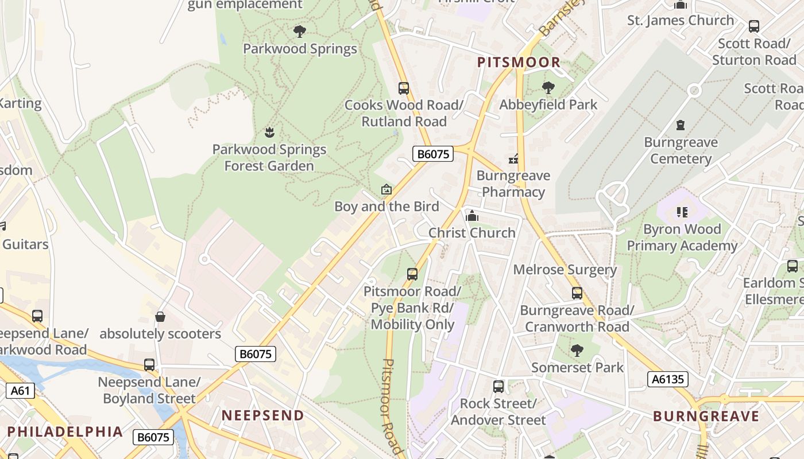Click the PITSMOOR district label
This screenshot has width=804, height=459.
(519, 63)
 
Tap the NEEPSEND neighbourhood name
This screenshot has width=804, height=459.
(263, 415)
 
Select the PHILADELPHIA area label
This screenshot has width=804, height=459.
(65, 431)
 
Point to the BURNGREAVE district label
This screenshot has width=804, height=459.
(706, 416)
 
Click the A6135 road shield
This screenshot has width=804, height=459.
(668, 379)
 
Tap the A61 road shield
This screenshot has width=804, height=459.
(20, 391)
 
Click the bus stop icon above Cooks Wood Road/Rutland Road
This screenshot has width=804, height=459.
(404, 88)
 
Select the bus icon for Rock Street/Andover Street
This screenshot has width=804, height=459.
(498, 387)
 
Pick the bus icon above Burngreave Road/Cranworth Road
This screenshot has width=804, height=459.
(577, 293)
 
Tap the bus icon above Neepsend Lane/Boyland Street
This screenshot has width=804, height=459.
(149, 365)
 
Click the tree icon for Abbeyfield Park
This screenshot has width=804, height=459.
(548, 88)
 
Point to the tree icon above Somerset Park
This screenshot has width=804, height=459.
(577, 350)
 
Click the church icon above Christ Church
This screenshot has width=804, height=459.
(472, 216)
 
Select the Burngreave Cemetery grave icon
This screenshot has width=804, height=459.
(681, 125)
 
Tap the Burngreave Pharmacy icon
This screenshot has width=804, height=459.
(513, 159)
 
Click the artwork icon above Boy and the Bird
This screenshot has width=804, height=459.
(386, 189)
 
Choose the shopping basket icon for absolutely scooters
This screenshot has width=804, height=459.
(160, 317)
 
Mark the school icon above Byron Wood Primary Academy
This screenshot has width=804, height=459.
(682, 212)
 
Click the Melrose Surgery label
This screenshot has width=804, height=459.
(565, 270)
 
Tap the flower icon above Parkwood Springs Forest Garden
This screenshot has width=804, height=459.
(269, 133)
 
